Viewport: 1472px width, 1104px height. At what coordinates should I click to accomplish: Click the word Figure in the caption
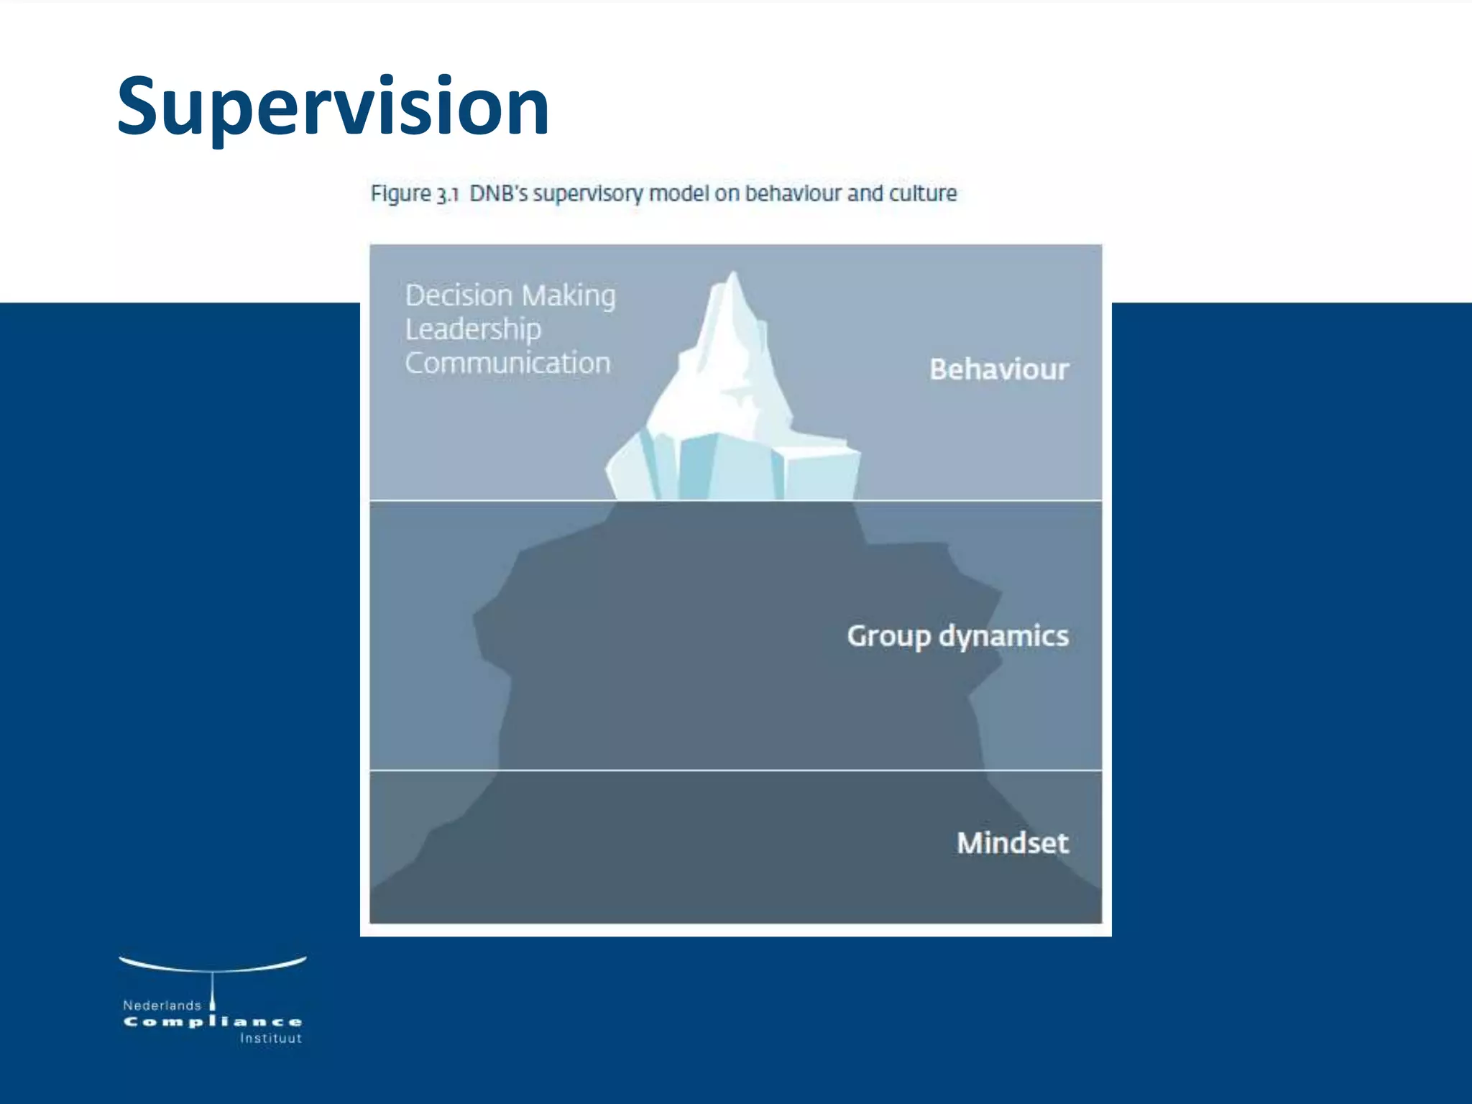[x=400, y=194]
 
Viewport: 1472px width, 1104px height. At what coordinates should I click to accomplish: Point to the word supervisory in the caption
[x=588, y=194]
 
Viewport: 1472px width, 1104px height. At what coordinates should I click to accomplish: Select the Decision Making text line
[x=510, y=295]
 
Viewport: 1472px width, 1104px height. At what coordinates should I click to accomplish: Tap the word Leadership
[x=473, y=330]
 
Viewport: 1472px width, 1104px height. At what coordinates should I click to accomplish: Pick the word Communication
[x=507, y=363]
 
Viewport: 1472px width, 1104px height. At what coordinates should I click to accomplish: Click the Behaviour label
[x=998, y=369]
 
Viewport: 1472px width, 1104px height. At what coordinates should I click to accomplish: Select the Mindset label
[x=1012, y=843]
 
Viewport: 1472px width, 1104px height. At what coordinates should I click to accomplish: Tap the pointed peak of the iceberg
[x=732, y=276]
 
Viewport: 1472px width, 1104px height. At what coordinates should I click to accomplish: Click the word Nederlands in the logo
[x=162, y=1006]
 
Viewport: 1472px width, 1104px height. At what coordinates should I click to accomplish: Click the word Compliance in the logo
[x=213, y=1022]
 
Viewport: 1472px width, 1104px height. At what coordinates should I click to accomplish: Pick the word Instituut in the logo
[x=271, y=1039]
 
